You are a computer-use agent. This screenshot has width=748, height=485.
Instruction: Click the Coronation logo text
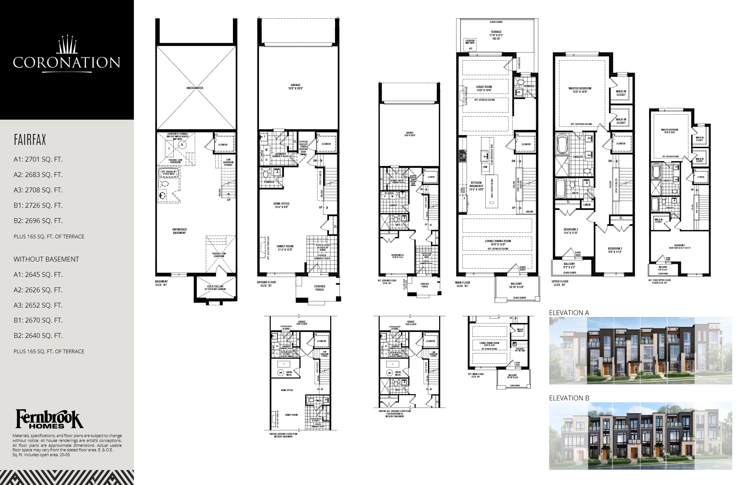tap(67, 62)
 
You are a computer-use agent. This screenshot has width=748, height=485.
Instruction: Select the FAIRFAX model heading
tap(30, 140)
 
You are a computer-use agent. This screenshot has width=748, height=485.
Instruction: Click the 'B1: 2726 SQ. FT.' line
tap(38, 205)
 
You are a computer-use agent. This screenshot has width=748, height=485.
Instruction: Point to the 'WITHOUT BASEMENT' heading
tap(46, 259)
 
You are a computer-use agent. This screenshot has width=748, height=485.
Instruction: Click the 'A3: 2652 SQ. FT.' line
tap(38, 305)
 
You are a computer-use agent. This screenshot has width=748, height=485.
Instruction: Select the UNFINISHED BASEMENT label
tap(180, 231)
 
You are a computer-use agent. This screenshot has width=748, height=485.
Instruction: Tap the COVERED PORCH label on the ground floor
tap(319, 288)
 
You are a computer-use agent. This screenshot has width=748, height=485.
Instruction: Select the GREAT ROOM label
tap(484, 89)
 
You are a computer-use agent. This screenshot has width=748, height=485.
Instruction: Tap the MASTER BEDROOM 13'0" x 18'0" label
tap(580, 90)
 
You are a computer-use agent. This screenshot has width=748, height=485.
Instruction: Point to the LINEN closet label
tap(587, 205)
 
